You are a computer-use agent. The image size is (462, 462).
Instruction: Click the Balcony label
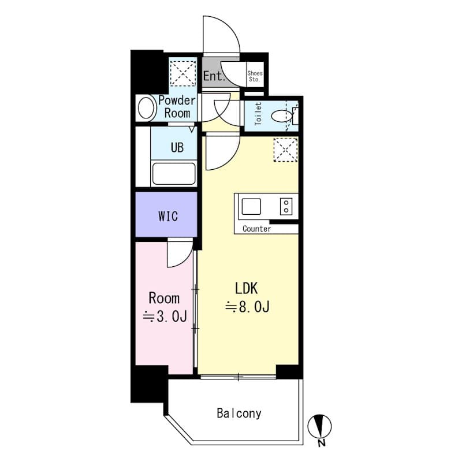pyautogui.click(x=239, y=413)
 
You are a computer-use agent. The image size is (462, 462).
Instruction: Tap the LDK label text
pyautogui.click(x=247, y=288)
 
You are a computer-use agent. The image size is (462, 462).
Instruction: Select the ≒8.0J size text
pyautogui.click(x=247, y=307)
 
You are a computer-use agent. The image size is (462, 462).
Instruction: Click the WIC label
pyautogui.click(x=167, y=217)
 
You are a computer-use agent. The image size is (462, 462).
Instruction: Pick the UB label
pyautogui.click(x=177, y=147)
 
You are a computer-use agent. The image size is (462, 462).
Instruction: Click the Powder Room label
pyautogui.click(x=177, y=106)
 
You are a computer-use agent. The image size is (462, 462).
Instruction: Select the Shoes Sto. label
pyautogui.click(x=255, y=76)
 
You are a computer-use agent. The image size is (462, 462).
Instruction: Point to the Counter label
pyautogui.click(x=256, y=229)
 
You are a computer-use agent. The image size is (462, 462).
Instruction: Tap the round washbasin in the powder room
pyautogui.click(x=146, y=108)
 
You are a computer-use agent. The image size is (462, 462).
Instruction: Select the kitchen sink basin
pyautogui.click(x=251, y=206)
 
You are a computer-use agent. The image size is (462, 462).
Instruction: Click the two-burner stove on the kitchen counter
pyautogui.click(x=286, y=206)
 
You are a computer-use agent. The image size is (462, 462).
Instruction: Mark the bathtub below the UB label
pyautogui.click(x=173, y=173)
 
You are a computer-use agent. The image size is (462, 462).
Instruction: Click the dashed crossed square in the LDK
pyautogui.click(x=285, y=150)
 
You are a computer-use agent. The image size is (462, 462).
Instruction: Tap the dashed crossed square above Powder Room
pyautogui.click(x=181, y=73)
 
